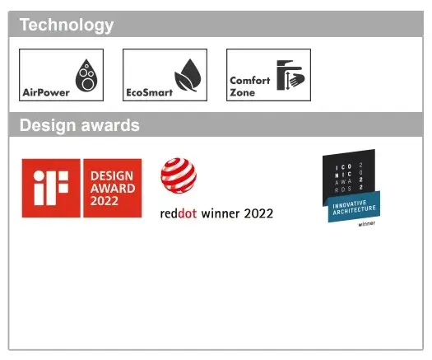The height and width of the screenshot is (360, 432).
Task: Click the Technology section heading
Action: pos(67,25)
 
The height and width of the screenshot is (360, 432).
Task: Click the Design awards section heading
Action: pos(80,125)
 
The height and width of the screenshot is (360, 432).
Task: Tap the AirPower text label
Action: pos(46,92)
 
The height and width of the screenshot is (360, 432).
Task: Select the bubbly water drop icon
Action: pos(86,75)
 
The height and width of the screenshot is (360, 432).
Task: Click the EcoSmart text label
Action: pos(149,92)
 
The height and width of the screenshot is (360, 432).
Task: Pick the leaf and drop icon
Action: pos(188,75)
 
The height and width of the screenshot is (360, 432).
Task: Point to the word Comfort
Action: pos(250,81)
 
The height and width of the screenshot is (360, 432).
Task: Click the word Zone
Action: pos(243,92)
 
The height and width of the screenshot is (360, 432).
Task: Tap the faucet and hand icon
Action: pos(290,75)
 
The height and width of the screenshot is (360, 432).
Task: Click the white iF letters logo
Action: pos(51,188)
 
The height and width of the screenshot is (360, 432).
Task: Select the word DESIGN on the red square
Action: pos(112,176)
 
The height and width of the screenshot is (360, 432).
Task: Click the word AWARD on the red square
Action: pos(113,189)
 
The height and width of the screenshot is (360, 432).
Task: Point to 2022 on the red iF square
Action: pos(105,201)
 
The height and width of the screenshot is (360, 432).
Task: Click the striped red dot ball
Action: pos(179,175)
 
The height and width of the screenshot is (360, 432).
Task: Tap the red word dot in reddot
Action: pos(188,213)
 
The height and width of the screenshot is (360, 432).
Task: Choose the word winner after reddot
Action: pos(221,214)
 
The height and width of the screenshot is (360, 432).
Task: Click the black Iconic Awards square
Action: pos(349,174)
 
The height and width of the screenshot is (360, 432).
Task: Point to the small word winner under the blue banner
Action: pos(367,224)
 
